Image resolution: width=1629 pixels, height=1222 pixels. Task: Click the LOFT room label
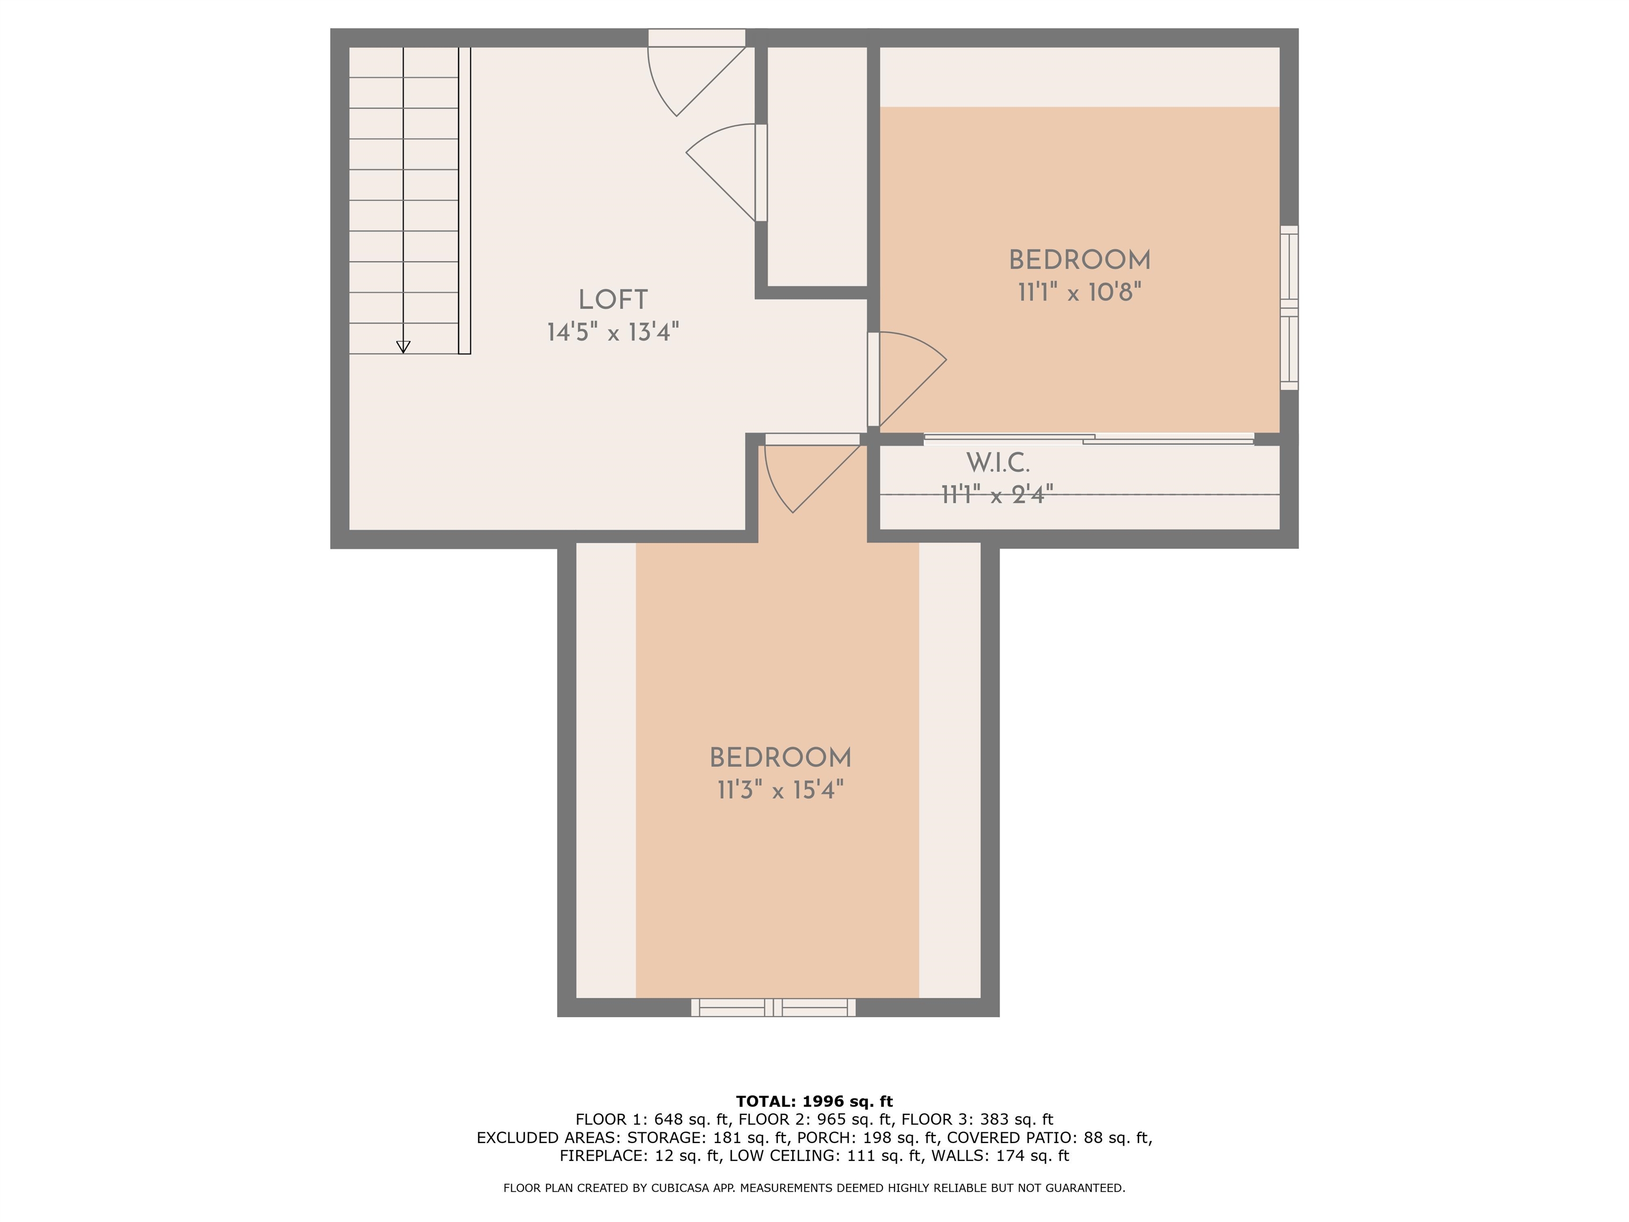coord(612,300)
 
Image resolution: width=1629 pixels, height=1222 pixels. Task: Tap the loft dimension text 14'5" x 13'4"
coord(612,332)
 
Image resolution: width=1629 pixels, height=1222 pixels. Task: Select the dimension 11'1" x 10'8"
coord(1080,292)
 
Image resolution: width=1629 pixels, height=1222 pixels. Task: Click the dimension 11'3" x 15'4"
coord(780,790)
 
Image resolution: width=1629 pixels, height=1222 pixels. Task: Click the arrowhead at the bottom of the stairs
coord(403,347)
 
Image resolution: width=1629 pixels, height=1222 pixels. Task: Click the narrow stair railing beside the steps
coord(465,200)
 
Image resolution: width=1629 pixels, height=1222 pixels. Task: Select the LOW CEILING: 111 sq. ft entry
coord(825,1156)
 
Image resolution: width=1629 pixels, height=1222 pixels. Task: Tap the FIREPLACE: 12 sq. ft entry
coord(639,1156)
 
